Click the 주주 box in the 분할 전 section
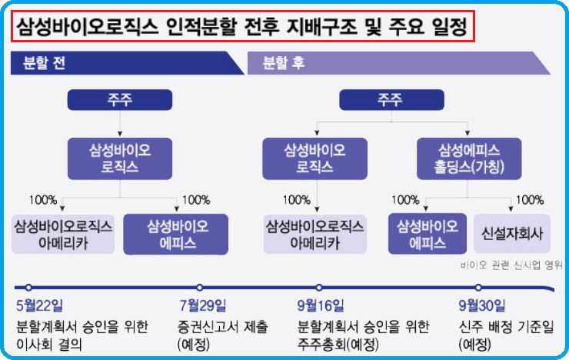(x=120, y=100)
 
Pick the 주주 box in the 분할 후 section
(x=391, y=100)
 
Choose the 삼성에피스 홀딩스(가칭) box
(x=469, y=158)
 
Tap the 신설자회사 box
(x=512, y=233)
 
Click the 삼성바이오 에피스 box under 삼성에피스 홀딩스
(x=428, y=234)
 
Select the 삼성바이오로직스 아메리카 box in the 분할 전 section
(x=63, y=235)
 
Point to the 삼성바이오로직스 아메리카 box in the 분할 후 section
(x=315, y=235)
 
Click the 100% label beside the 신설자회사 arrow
(x=530, y=199)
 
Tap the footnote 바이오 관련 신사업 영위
(x=511, y=265)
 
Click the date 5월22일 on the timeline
(x=39, y=305)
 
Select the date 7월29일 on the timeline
(x=203, y=305)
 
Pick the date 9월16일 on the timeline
(x=321, y=305)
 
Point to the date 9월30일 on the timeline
(x=482, y=305)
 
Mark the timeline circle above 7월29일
(x=199, y=288)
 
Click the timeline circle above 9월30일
(x=478, y=288)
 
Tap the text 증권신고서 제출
(x=223, y=327)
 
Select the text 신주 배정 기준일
(x=507, y=327)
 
